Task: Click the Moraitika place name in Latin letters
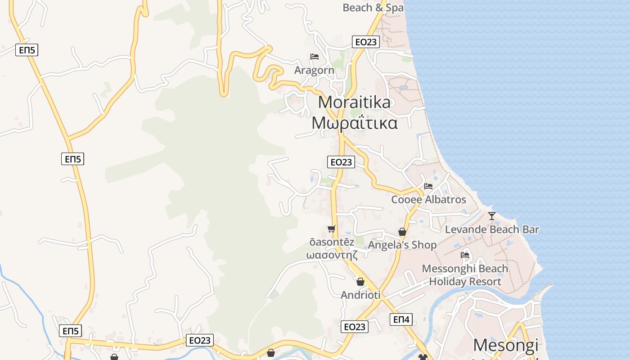coord(354,103)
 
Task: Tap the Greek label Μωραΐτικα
coord(355,123)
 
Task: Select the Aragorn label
coord(314,70)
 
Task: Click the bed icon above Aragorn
coord(315,57)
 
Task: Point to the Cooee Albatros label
coord(428,199)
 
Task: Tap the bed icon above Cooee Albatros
coord(428,186)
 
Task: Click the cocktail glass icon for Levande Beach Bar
coord(492,216)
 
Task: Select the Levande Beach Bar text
coord(492,229)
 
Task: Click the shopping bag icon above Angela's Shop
coord(402,232)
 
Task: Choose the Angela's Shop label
coord(402,245)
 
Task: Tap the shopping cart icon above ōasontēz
coord(332,229)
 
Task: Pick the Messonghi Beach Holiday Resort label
coord(465,275)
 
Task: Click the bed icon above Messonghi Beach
coord(465,255)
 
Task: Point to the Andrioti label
coord(360,295)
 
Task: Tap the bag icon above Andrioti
coord(360,282)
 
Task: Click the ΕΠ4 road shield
coord(401,319)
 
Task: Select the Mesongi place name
coord(505,345)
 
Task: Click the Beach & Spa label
coord(373,8)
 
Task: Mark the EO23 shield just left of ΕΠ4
coord(355,327)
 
